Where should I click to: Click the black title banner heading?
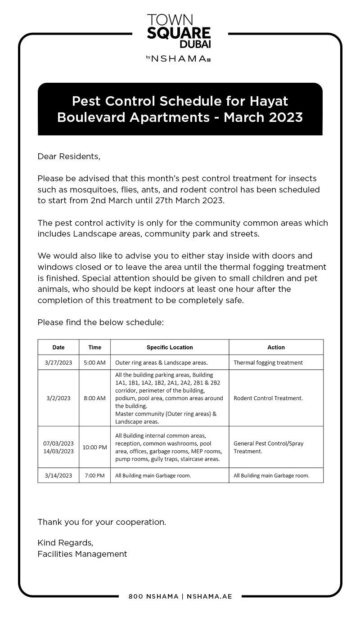(x=180, y=109)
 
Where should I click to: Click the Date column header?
(x=58, y=347)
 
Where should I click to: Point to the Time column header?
(x=95, y=347)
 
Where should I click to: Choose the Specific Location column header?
(x=170, y=347)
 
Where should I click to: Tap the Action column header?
(x=276, y=347)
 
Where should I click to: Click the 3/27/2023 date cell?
(x=58, y=362)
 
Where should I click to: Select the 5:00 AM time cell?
(x=95, y=362)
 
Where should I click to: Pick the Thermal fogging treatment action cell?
(x=268, y=362)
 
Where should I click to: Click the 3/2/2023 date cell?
(x=58, y=398)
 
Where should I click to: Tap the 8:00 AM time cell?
(x=95, y=398)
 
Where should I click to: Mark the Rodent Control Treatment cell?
(x=268, y=398)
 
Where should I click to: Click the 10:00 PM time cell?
(x=95, y=447)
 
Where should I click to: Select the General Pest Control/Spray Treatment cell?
(x=269, y=447)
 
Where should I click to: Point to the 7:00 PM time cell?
(x=95, y=475)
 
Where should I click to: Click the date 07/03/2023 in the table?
(x=58, y=443)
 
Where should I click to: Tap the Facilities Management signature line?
(x=82, y=554)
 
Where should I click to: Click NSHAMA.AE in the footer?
(x=209, y=596)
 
